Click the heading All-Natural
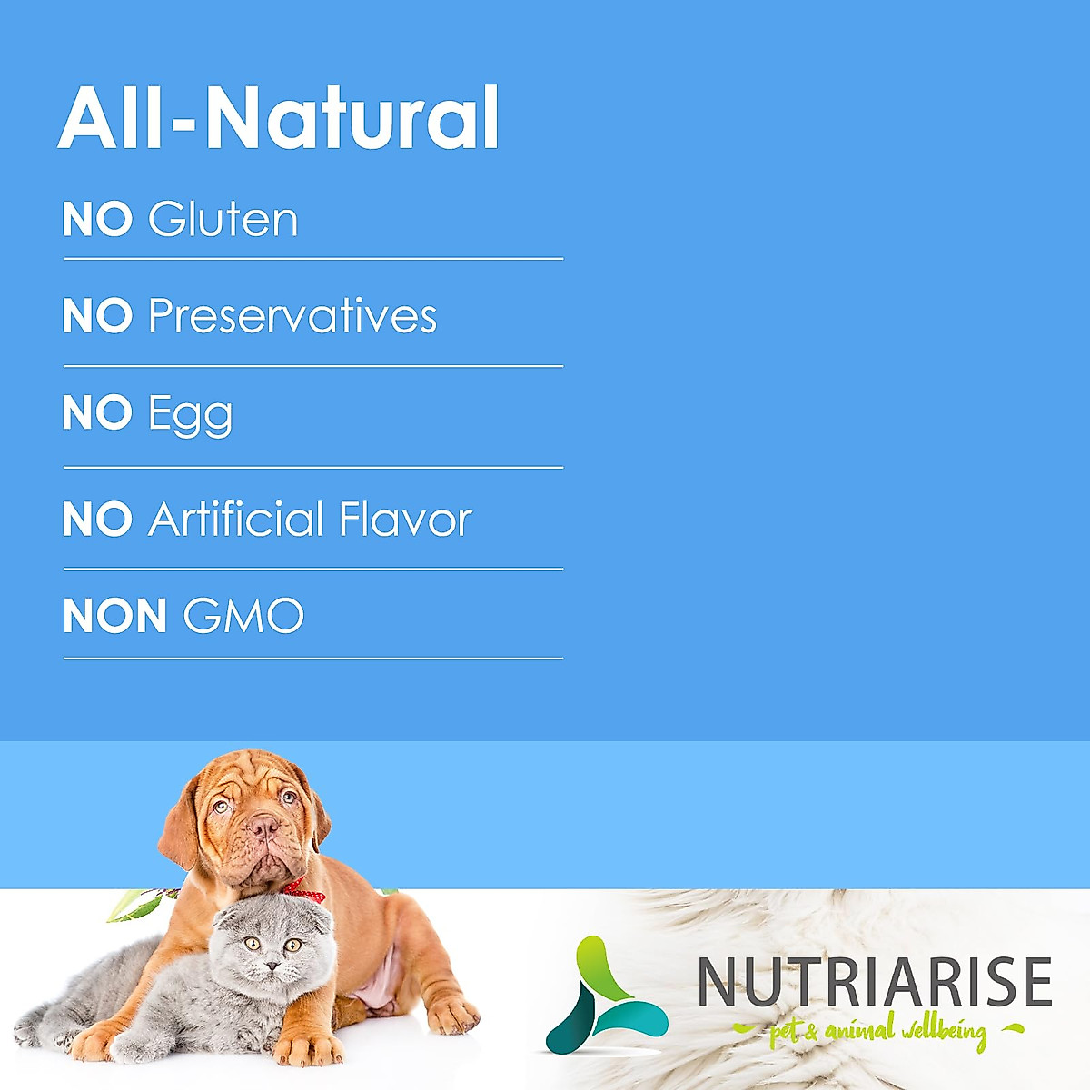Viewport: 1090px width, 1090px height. (x=278, y=118)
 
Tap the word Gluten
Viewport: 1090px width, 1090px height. (x=223, y=219)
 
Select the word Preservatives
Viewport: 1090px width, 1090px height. (x=292, y=315)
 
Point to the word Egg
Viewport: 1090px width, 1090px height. (x=190, y=416)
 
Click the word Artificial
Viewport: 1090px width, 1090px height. (x=235, y=518)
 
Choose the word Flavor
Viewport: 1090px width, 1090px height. (x=405, y=518)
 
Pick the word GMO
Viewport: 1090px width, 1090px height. (x=243, y=615)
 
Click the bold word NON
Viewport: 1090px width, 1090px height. (x=114, y=615)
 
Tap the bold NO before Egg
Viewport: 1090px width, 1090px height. (x=97, y=412)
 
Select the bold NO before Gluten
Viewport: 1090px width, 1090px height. (x=97, y=219)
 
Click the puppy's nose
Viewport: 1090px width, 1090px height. (x=263, y=827)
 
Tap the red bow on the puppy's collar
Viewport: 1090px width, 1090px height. (x=304, y=890)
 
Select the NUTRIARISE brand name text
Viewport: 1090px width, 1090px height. (x=875, y=981)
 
